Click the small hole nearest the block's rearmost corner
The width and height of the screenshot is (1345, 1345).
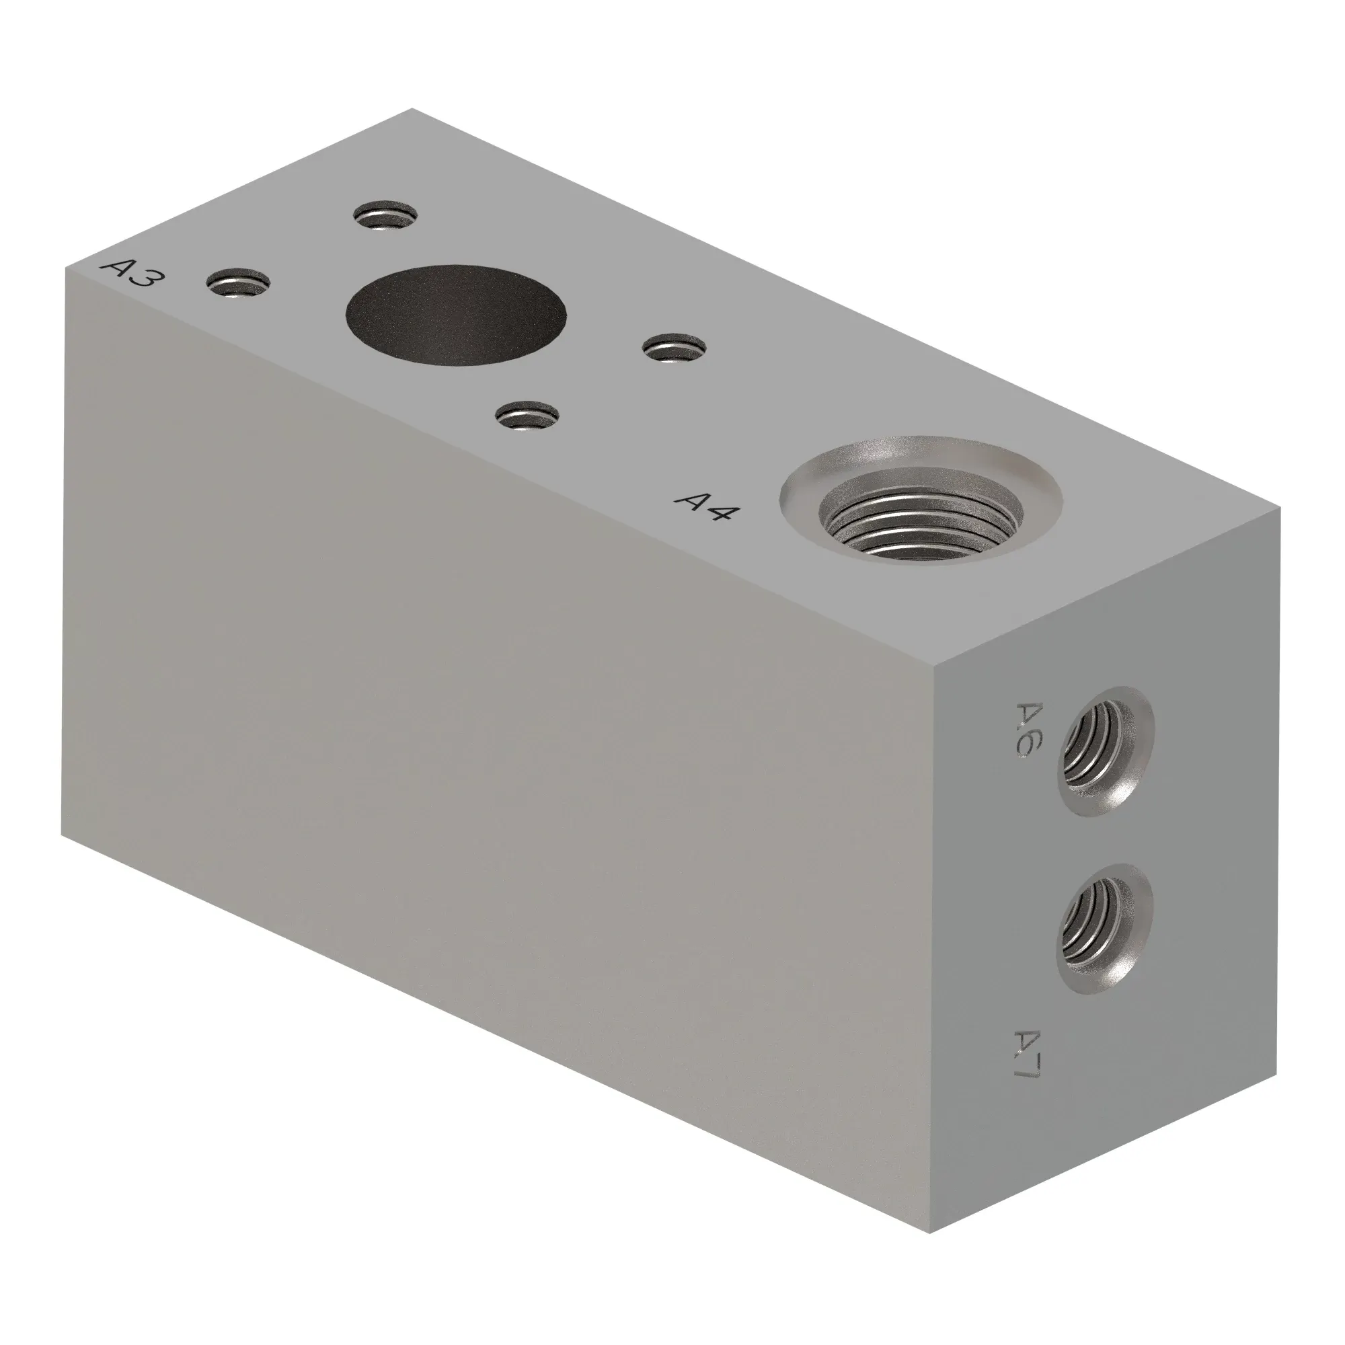[x=385, y=215]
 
